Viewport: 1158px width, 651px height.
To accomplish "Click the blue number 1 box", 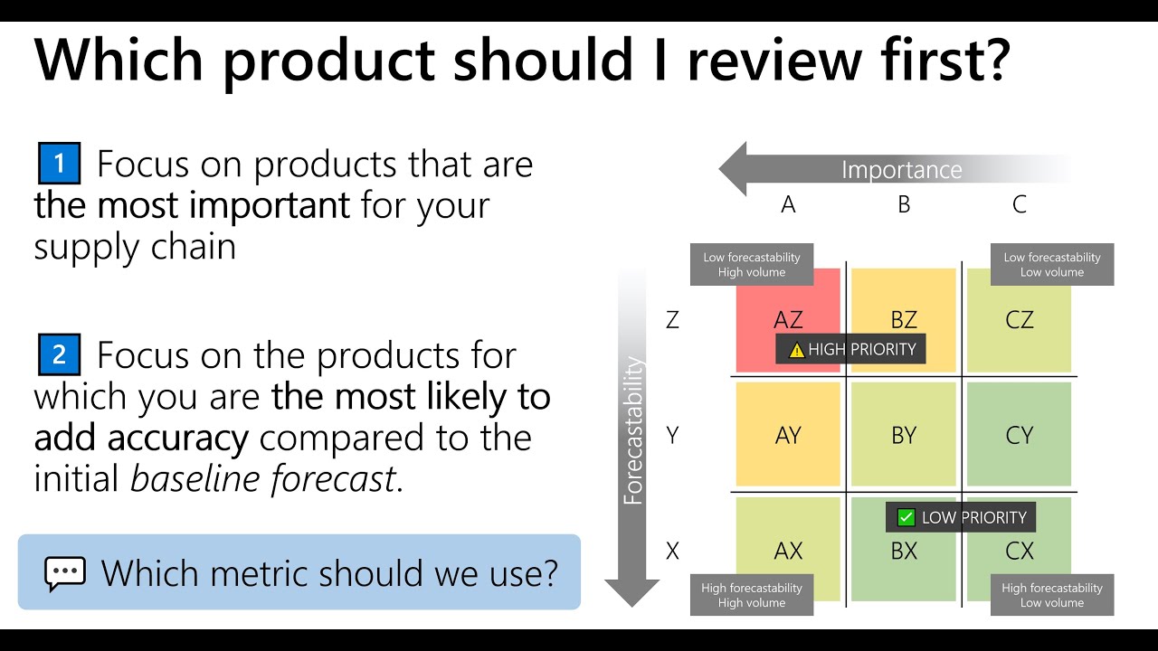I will (x=60, y=164).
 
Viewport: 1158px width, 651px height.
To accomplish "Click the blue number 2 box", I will (x=60, y=354).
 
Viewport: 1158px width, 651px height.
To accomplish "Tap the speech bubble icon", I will (x=65, y=573).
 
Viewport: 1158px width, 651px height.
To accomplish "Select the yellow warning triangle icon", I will (x=796, y=350).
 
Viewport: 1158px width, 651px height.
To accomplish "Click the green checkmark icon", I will (x=906, y=518).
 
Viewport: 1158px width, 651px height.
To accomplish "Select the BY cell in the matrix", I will (x=904, y=435).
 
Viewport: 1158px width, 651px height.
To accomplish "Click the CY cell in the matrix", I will (x=1019, y=435).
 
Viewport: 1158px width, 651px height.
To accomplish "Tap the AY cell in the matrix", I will (x=788, y=435).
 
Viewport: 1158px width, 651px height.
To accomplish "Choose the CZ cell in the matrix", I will (x=1019, y=319).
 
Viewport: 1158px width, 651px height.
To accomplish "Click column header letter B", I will (x=904, y=205).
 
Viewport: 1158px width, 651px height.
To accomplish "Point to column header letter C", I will (x=1019, y=205).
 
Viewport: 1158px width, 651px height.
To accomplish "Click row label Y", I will (x=672, y=435).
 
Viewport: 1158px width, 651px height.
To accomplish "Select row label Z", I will (x=672, y=319).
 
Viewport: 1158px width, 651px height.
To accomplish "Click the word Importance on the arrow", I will (x=901, y=170).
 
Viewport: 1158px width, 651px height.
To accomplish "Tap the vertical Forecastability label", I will (x=633, y=430).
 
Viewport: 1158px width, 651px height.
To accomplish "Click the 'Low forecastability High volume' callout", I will (x=751, y=265).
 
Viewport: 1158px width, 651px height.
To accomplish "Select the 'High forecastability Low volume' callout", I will (x=1051, y=595).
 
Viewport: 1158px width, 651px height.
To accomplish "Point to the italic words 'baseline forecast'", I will (x=263, y=478).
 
